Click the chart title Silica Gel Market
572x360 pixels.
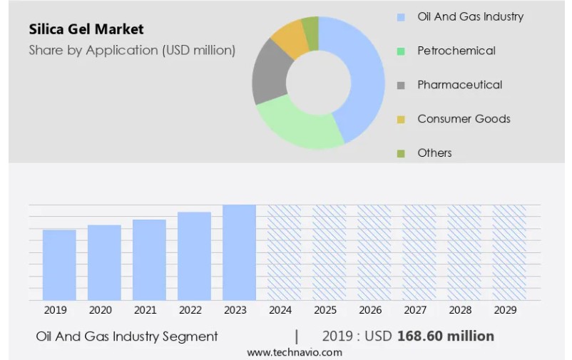coord(86,29)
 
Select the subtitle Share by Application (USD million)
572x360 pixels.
coord(132,50)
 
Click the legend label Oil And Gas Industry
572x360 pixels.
coord(470,16)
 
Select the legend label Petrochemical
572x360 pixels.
coord(456,51)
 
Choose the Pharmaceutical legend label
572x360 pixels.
coord(459,85)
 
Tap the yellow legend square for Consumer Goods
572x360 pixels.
coord(401,119)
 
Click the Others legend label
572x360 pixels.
coord(434,153)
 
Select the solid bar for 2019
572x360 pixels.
coord(59,264)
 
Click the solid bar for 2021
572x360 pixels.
coord(149,259)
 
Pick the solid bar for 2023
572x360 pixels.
coord(239,252)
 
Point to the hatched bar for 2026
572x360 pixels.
coord(374,252)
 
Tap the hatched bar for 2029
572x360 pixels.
coord(509,252)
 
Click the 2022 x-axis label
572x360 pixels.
coord(190,310)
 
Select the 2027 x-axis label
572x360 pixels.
coord(415,310)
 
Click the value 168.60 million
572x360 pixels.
coord(445,336)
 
